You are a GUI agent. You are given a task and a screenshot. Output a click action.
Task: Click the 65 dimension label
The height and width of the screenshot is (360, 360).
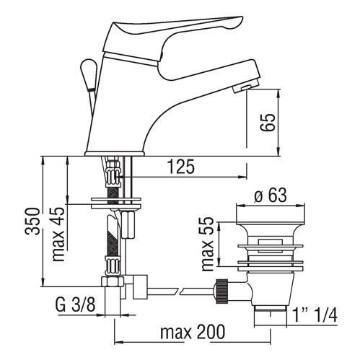coord(268,123)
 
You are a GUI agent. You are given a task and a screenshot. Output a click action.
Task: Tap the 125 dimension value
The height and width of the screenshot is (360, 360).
coord(181,167)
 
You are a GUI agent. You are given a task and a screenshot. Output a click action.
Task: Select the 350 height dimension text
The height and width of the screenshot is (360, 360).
coord(32,221)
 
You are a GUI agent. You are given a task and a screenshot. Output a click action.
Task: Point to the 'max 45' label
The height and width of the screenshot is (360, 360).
coord(59,234)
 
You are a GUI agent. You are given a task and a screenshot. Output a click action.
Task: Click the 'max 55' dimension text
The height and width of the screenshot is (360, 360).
coord(208,244)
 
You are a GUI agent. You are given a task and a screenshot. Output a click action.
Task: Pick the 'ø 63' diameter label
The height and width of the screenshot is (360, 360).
coord(271,195)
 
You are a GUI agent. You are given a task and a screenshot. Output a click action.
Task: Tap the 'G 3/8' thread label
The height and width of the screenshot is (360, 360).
coord(75,304)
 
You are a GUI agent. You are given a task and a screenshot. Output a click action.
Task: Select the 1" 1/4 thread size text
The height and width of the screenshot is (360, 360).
coord(315,315)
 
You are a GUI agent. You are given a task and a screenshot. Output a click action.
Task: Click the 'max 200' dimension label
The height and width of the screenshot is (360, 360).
coord(193,332)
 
